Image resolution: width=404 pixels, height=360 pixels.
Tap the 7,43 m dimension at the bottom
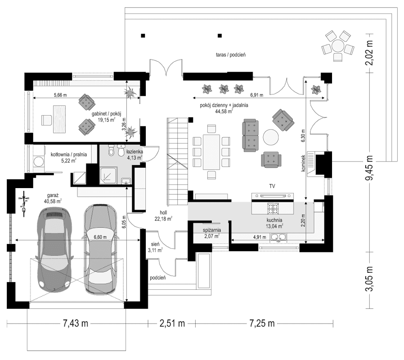coord(75,323)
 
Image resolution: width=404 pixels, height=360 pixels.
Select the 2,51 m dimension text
coord(171,323)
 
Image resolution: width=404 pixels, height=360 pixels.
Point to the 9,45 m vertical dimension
coord(370,168)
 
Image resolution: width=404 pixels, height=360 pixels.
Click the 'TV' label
coord(272,185)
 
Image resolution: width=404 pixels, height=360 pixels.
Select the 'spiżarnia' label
coord(211,229)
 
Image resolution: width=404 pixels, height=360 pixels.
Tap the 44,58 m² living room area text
coord(224,112)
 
